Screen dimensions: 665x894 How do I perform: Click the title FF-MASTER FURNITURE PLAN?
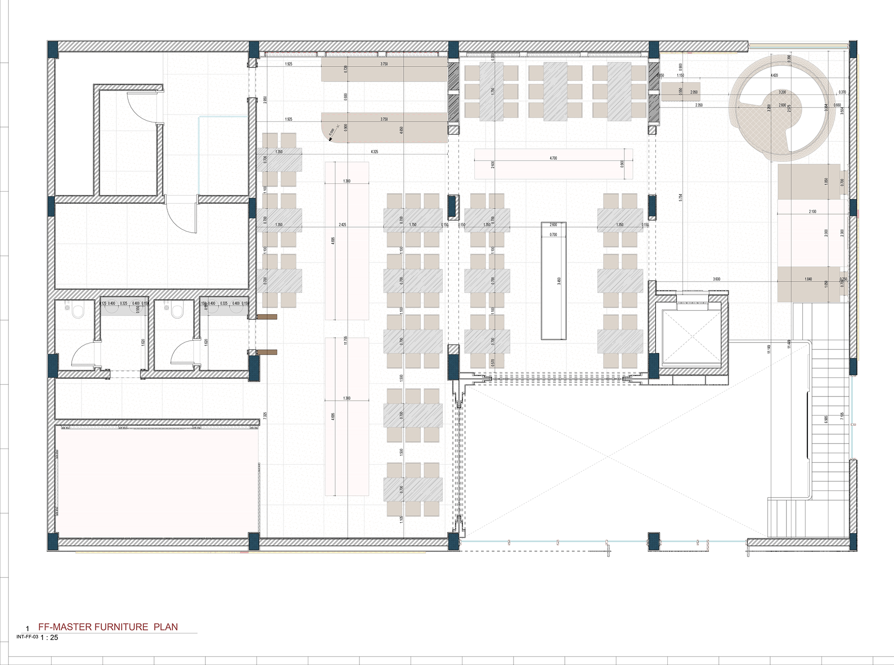108,627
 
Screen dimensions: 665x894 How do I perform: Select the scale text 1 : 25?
49,638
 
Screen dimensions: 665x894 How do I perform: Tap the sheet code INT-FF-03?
27,637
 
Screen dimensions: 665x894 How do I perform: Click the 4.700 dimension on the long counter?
553,158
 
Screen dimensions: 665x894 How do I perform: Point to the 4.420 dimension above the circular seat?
774,75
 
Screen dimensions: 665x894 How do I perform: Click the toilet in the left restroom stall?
78,310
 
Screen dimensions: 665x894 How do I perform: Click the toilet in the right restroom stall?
177,310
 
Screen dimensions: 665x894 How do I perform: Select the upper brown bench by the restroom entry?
268,317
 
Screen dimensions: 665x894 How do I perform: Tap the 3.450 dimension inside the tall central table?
559,281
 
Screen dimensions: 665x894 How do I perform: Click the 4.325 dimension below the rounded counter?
374,152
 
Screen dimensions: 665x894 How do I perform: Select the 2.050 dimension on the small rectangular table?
694,92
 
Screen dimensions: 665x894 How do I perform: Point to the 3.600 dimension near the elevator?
717,279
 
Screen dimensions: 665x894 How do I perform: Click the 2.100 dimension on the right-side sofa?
813,212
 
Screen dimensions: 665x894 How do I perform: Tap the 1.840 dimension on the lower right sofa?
808,279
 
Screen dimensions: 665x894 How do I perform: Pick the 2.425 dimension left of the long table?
342,225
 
